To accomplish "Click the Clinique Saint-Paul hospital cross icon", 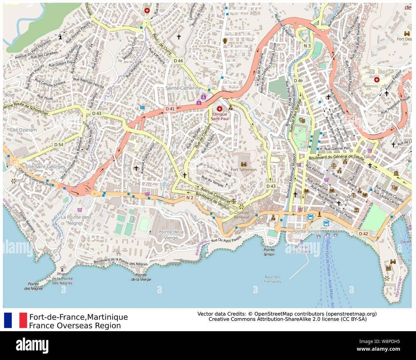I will (x=219, y=109).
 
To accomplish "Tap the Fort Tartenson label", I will (x=244, y=169).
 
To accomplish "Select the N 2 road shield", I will (x=190, y=198).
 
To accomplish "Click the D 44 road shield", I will (x=178, y=61).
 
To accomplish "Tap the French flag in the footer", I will (x=15, y=320).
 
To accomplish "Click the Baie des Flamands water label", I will (x=272, y=279).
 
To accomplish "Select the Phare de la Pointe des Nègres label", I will (x=62, y=278).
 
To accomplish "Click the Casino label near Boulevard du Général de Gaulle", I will (x=370, y=157).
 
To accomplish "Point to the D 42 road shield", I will (x=363, y=234).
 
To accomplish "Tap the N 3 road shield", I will (x=307, y=46).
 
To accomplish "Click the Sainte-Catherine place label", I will (x=183, y=88).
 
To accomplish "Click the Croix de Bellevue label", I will (x=242, y=215).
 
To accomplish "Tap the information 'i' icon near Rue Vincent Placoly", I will (x=60, y=37).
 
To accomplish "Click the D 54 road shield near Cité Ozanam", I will (x=59, y=144).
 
